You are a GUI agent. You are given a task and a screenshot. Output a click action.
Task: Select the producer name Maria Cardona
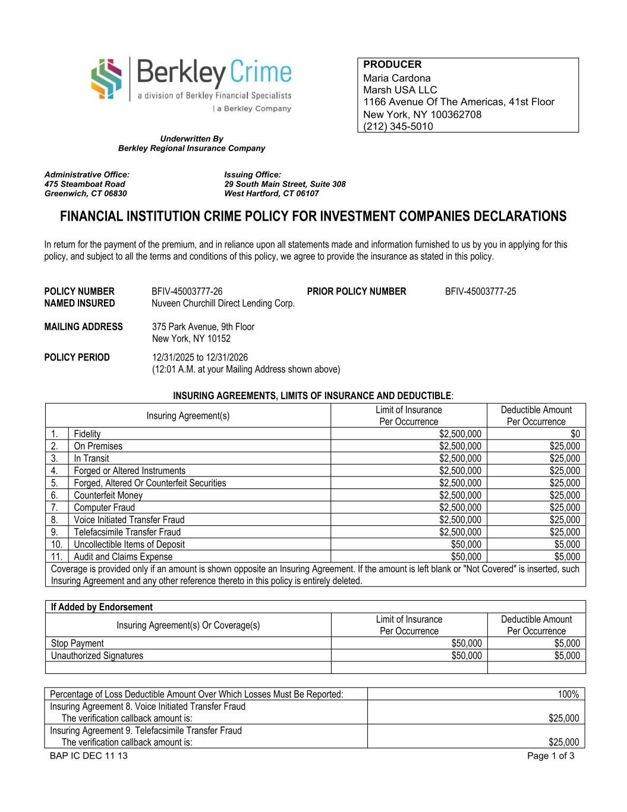coord(397,78)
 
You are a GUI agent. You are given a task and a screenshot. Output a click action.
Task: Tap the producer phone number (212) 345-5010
coord(398,126)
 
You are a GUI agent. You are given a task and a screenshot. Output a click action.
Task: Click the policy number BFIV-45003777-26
coord(187,291)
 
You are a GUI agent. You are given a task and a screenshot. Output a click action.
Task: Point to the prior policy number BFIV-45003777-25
coord(481,291)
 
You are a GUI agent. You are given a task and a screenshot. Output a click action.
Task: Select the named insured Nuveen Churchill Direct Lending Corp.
coord(223,303)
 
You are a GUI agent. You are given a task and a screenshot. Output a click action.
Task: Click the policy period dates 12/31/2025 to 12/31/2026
coord(200,358)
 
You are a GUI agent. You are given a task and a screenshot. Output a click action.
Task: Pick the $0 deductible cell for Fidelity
coord(575,434)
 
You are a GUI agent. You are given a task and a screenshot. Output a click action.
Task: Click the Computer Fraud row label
coord(105,507)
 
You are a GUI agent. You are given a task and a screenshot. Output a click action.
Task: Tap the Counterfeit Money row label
coord(108,496)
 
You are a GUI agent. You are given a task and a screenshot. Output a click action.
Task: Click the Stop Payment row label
coord(77,643)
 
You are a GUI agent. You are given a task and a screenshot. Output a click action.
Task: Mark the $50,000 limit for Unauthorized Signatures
coord(466,656)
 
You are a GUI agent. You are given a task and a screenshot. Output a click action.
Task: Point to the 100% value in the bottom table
coord(568,694)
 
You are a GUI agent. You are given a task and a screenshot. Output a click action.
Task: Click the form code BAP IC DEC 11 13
coord(89,756)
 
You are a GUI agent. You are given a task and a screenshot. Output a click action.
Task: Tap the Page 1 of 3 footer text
coord(550,756)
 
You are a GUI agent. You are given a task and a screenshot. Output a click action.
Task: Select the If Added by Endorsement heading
coord(102,607)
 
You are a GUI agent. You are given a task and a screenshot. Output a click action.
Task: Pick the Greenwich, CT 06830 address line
coord(86,193)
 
